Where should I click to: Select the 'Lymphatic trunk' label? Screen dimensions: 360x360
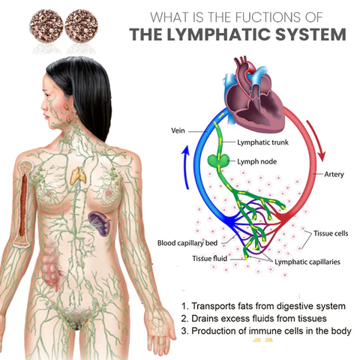[x=262, y=142]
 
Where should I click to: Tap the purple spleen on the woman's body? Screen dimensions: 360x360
[x=99, y=221]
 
